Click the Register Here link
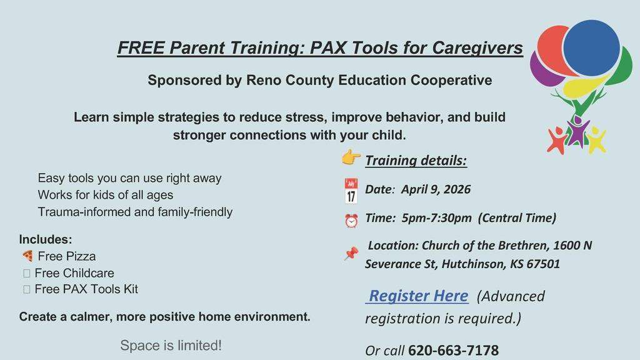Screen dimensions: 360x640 tap(418, 296)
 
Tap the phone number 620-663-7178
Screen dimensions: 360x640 tap(453, 351)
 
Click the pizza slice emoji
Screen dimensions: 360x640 tap(27, 256)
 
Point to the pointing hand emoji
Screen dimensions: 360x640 tap(351, 157)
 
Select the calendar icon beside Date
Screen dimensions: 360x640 tap(351, 191)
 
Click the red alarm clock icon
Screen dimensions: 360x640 tap(351, 221)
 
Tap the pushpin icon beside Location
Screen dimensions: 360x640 tap(351, 254)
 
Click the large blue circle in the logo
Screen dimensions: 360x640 tap(591, 48)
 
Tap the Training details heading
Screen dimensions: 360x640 tap(416, 161)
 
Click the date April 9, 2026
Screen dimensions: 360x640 tap(436, 189)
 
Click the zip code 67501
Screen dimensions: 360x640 tap(543, 264)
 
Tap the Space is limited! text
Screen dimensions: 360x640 tap(171, 346)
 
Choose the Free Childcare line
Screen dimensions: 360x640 tap(74, 273)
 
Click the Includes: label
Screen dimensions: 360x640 tap(46, 239)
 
